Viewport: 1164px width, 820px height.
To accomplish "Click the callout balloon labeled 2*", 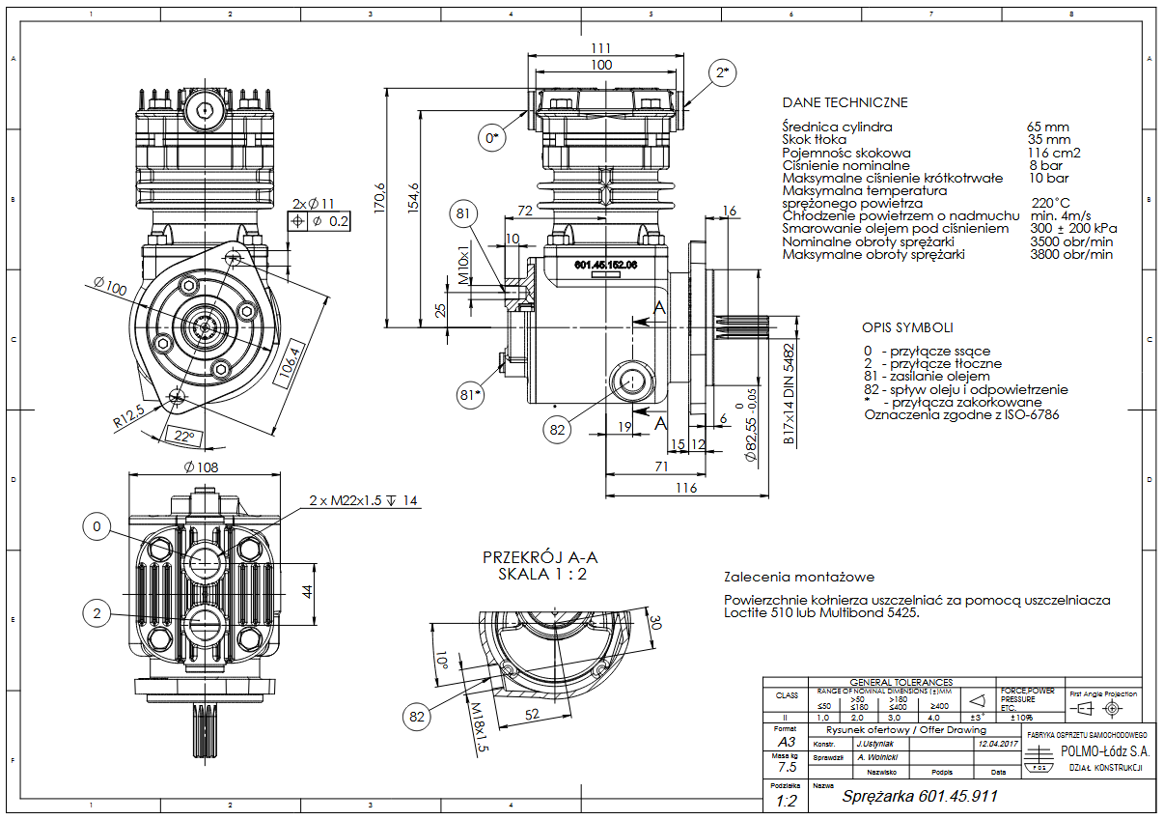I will tap(723, 72).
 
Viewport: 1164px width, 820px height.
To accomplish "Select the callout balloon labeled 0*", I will tap(492, 138).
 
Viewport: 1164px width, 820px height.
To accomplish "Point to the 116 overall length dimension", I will tap(685, 489).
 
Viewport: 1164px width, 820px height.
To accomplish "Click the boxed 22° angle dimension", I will tap(184, 437).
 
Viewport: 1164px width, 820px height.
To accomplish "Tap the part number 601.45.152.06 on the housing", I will tap(606, 263).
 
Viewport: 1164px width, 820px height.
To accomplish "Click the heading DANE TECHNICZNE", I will tap(845, 102).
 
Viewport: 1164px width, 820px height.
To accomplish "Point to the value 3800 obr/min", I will tap(1071, 254).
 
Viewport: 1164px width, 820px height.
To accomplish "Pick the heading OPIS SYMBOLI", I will tap(907, 326).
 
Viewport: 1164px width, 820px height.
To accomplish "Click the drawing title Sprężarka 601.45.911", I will tap(919, 797).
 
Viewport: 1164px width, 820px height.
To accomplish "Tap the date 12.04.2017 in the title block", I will tap(998, 744).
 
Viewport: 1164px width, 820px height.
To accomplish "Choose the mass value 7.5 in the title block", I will tap(788, 767).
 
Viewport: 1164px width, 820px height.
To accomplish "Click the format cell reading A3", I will tap(788, 742).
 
